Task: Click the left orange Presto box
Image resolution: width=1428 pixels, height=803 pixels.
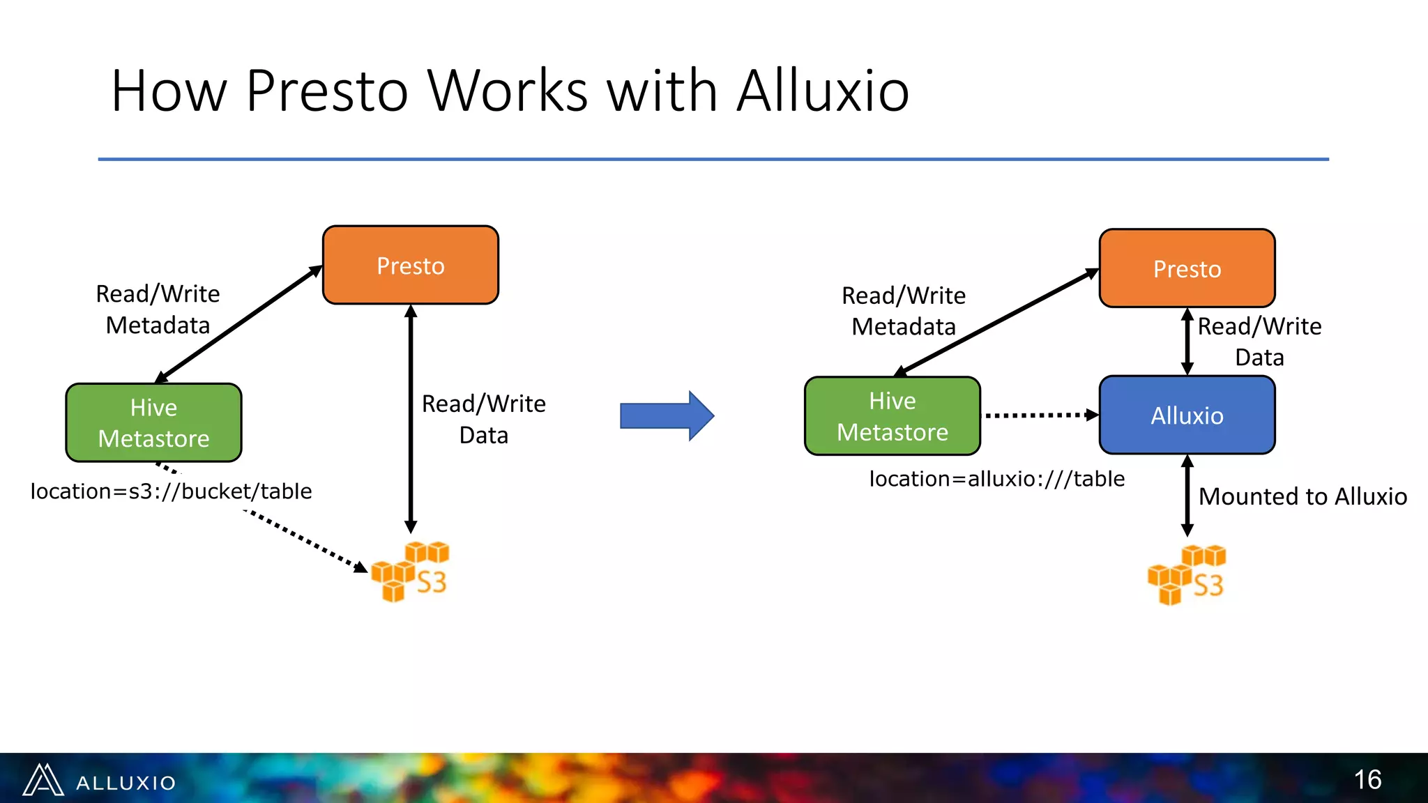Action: tap(410, 265)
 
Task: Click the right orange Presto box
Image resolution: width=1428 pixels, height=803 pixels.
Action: tap(1187, 268)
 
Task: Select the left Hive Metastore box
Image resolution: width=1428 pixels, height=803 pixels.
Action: tap(153, 422)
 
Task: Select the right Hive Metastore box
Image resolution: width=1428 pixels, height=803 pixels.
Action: tap(892, 416)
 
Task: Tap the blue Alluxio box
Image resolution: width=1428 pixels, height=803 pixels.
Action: tap(1187, 415)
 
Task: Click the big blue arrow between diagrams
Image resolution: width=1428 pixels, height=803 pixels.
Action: tap(666, 416)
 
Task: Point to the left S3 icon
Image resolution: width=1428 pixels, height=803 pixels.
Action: tap(410, 572)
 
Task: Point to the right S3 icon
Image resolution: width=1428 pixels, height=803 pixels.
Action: tap(1187, 575)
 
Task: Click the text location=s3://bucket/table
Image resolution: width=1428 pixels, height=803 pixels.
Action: tap(171, 491)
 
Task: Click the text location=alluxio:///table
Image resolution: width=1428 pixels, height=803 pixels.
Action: tap(996, 479)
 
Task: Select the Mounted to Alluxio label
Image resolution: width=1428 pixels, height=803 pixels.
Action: tap(1302, 496)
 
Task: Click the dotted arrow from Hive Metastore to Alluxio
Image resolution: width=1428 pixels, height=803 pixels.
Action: tap(1039, 415)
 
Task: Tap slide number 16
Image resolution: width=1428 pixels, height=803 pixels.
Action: tap(1367, 779)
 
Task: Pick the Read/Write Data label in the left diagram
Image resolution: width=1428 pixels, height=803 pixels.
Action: tap(483, 419)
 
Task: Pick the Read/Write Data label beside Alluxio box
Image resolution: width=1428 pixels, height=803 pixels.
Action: tap(1259, 342)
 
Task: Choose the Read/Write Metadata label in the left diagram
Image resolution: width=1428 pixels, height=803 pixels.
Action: tap(158, 309)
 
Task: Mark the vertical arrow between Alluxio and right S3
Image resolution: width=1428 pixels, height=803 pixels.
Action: tap(1187, 496)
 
